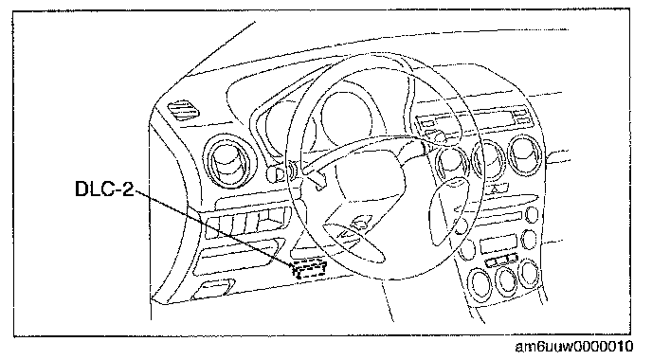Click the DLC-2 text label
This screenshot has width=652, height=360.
104,189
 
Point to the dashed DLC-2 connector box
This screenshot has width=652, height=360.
309,268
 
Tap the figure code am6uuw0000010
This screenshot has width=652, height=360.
574,347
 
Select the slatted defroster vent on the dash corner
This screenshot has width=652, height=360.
183,110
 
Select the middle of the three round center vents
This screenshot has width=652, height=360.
490,160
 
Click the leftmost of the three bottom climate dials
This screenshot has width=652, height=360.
481,284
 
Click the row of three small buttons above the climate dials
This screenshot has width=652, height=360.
501,261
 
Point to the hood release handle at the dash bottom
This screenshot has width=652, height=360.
213,290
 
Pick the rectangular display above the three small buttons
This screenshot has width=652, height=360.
498,243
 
